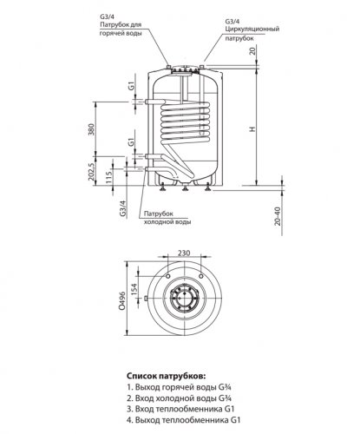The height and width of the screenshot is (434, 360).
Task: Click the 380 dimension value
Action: pyautogui.click(x=91, y=129)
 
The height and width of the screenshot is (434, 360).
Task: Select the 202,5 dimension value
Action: pyautogui.click(x=91, y=172)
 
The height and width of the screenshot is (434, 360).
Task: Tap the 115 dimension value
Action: pyautogui.click(x=108, y=176)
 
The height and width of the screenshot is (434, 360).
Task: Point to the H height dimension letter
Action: pyautogui.click(x=252, y=129)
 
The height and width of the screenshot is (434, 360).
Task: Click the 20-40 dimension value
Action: pyautogui.click(x=278, y=216)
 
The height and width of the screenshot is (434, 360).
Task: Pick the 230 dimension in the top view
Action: pyautogui.click(x=184, y=253)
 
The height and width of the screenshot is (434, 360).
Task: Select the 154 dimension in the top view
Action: pyautogui.click(x=134, y=290)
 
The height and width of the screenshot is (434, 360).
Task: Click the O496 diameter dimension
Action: pyautogui.click(x=122, y=300)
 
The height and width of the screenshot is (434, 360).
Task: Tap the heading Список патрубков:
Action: pyautogui.click(x=167, y=376)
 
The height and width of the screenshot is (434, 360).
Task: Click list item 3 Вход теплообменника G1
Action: pyautogui.click(x=180, y=409)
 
